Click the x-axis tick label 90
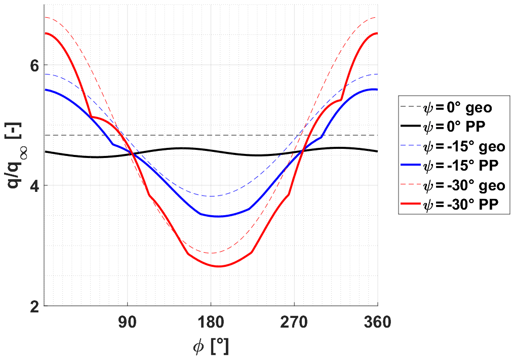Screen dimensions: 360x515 [x=128, y=322]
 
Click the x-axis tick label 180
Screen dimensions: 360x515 [x=211, y=322]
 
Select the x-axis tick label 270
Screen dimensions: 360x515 [x=294, y=322]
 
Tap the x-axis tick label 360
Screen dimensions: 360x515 [x=377, y=322]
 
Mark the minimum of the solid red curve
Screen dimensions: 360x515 [x=219, y=266]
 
